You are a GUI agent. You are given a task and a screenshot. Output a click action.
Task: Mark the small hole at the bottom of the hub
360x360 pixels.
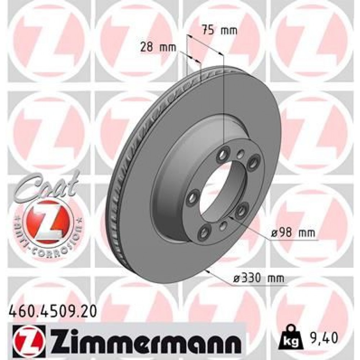224,226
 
